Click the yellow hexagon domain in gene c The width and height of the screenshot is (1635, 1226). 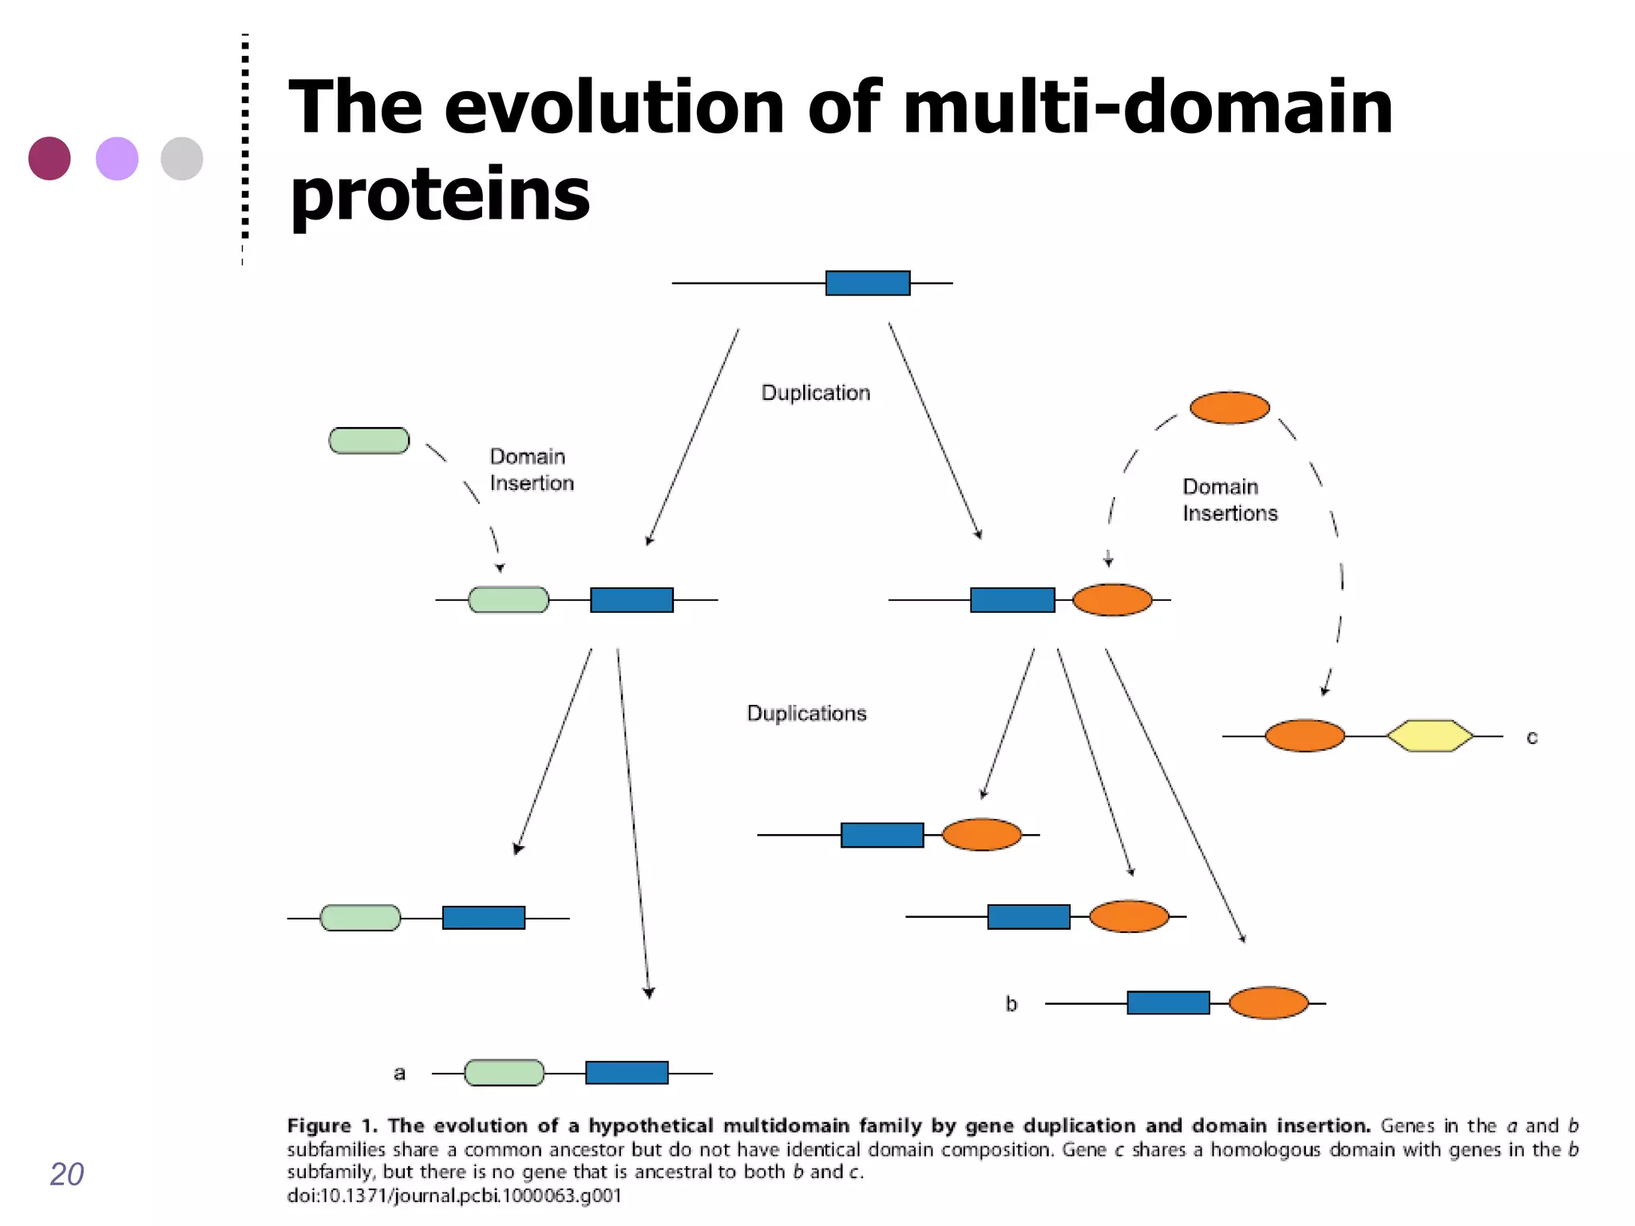[x=1430, y=736]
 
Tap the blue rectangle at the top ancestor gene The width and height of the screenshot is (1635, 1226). [x=868, y=283]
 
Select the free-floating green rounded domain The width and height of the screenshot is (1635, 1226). [x=369, y=441]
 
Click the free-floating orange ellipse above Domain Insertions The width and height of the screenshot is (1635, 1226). [x=1229, y=408]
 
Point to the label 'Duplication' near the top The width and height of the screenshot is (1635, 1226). [x=815, y=393]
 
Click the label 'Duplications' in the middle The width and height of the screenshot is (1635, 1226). [x=806, y=714]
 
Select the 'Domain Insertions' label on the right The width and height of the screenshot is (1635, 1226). [x=1229, y=500]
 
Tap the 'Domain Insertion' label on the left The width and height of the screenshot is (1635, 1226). [x=532, y=470]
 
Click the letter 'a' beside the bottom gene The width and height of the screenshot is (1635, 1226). [x=399, y=1074]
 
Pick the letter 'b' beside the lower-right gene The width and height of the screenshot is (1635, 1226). [x=1011, y=1004]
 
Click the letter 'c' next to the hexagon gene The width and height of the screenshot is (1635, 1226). [x=1531, y=738]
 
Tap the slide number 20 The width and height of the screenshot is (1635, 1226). [x=66, y=1174]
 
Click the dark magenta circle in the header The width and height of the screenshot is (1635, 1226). [x=49, y=158]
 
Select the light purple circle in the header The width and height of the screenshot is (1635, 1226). [x=117, y=158]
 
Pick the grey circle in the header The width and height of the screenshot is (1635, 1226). [x=182, y=158]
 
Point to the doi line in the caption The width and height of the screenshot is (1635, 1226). [x=453, y=1196]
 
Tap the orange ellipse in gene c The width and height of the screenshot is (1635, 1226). [x=1304, y=736]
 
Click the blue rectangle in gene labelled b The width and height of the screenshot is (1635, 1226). [x=1168, y=1003]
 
